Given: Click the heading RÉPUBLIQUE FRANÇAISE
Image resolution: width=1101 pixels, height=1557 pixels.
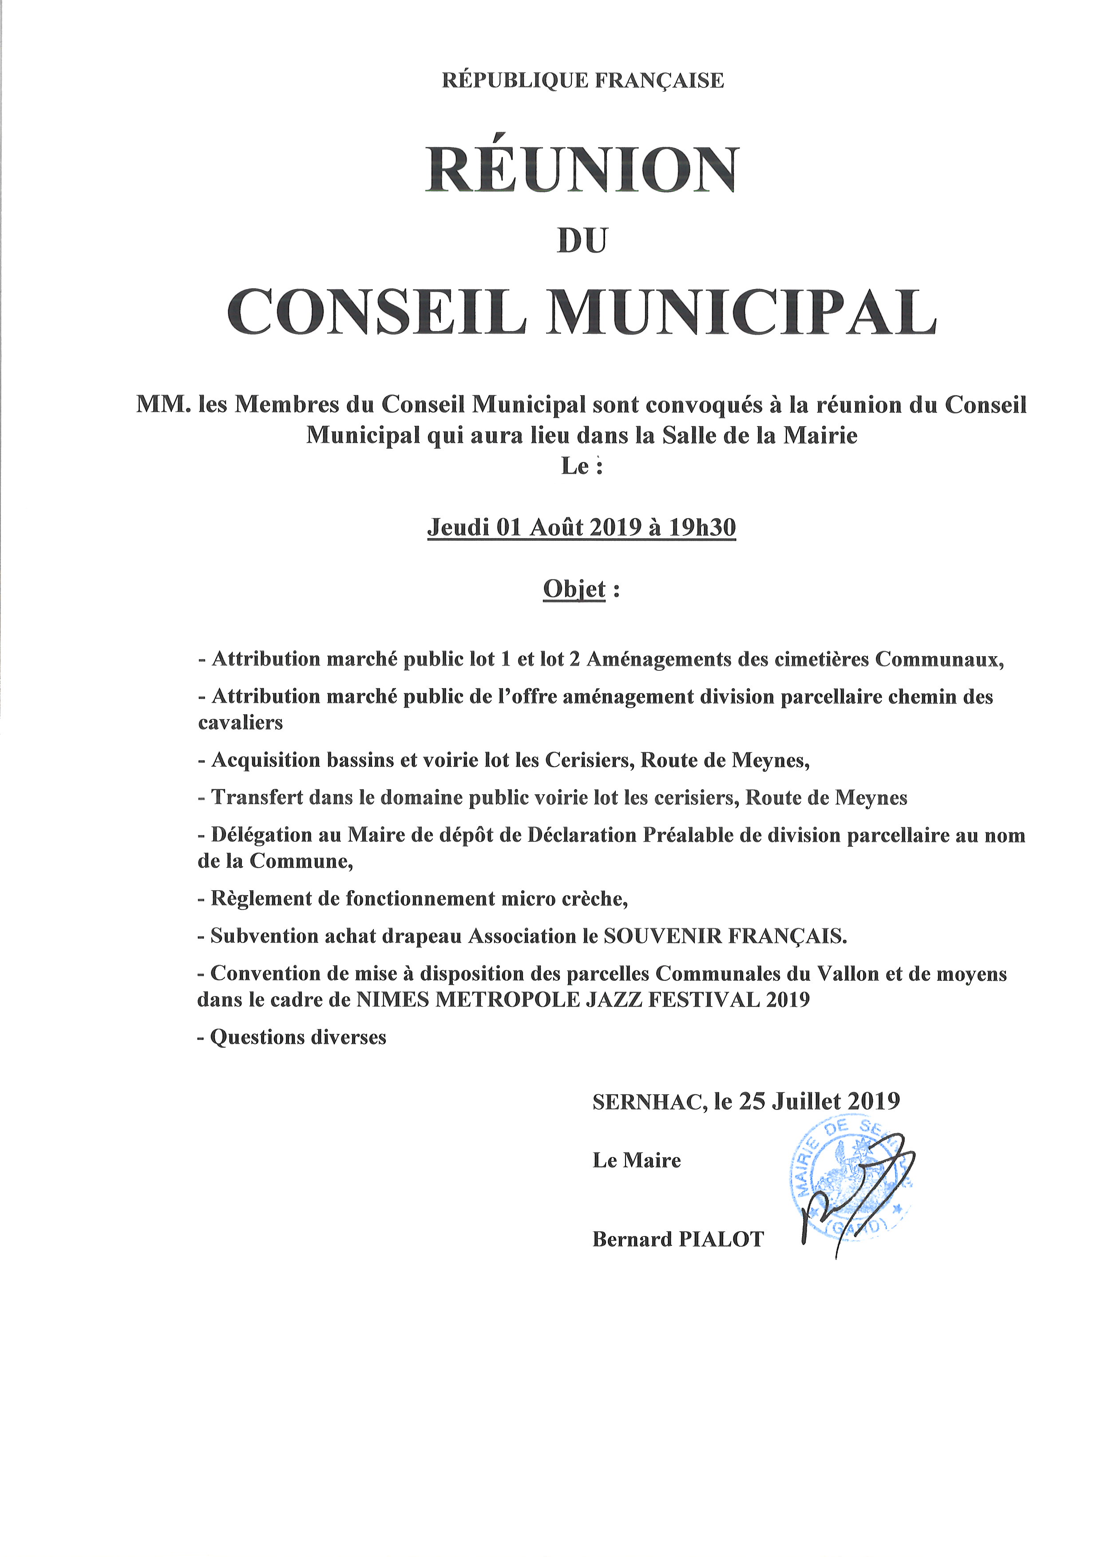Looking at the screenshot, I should click(582, 81).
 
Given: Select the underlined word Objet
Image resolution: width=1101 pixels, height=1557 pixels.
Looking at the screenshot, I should click(574, 589).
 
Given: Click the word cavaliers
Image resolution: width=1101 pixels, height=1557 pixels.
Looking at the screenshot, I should click(240, 722).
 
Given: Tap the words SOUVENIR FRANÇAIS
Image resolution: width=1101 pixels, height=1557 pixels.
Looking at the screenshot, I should click(725, 936).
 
